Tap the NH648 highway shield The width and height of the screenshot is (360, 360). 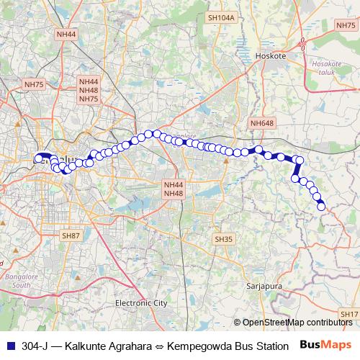tap(261, 124)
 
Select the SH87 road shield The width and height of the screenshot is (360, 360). tap(71, 235)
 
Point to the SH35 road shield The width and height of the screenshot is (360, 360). tap(223, 238)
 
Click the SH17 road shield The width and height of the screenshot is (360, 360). tap(349, 314)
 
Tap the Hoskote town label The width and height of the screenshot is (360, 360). tap(271, 55)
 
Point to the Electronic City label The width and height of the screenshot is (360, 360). tap(141, 304)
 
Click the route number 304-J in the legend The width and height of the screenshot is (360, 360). tap(35, 345)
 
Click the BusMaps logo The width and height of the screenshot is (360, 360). tap(325, 344)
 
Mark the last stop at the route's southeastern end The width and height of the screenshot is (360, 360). tap(321, 207)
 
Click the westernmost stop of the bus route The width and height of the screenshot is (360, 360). tap(38, 158)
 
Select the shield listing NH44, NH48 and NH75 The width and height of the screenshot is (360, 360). tap(89, 91)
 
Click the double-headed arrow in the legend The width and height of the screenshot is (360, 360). tap(163, 345)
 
